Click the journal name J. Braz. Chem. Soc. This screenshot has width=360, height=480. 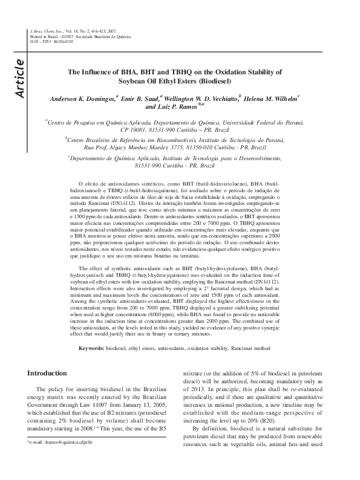click(44, 30)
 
